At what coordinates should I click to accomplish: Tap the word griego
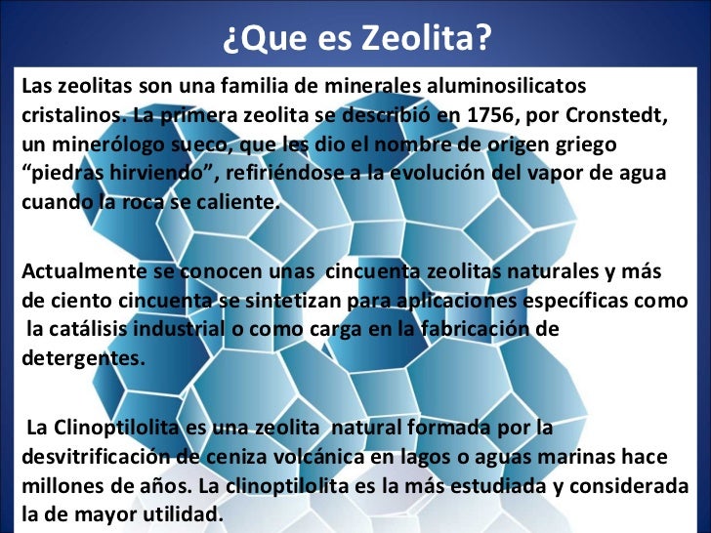(x=582, y=145)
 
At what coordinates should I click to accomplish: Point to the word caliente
(x=233, y=206)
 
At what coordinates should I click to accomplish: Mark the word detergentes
(x=83, y=358)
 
